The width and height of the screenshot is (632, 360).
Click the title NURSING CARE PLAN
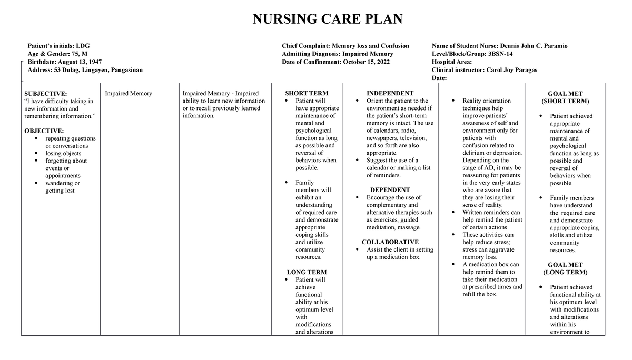tap(327, 19)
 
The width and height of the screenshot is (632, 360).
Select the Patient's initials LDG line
tap(54, 46)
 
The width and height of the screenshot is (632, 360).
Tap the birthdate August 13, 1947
tap(64, 62)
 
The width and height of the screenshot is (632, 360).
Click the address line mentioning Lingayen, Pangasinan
tap(84, 69)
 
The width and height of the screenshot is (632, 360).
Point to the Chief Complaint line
tap(345, 46)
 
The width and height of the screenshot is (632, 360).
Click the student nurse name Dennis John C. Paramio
tap(499, 46)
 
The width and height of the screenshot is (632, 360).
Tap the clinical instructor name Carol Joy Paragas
tap(484, 69)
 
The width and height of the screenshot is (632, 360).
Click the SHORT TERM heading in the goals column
tap(307, 93)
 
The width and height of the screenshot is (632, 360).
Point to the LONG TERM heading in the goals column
tap(307, 272)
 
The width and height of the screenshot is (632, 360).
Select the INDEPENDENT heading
tap(390, 93)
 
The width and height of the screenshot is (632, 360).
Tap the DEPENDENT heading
tap(390, 189)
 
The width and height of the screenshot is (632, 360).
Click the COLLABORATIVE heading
tap(390, 242)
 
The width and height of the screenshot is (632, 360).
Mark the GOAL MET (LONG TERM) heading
tap(565, 268)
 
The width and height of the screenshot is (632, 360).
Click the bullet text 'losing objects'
tap(63, 153)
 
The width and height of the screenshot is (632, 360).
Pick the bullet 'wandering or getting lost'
tap(63, 187)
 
